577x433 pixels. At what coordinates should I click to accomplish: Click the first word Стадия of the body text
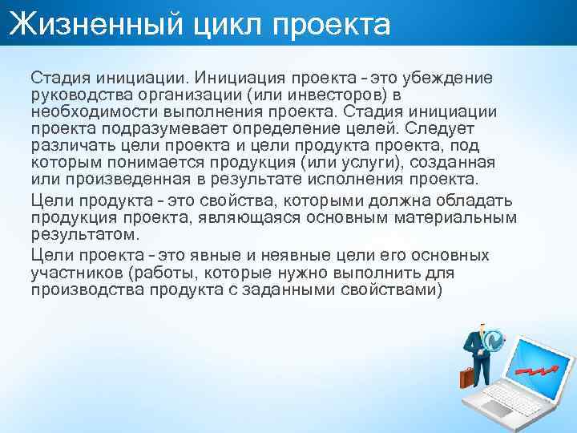pos(60,78)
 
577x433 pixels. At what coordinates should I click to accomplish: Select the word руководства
pos(79,95)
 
